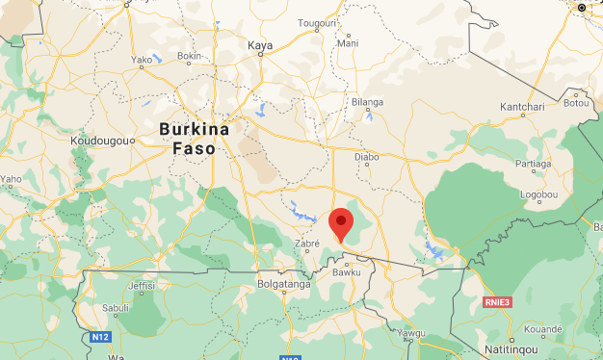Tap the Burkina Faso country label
[194, 139]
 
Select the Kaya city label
[260, 45]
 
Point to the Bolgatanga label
[284, 284]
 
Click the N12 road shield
[100, 336]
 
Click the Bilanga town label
[367, 102]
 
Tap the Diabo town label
[367, 156]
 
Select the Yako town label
[142, 59]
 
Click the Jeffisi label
[141, 286]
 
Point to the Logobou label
[539, 194]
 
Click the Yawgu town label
[410, 333]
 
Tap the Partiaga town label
[534, 164]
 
